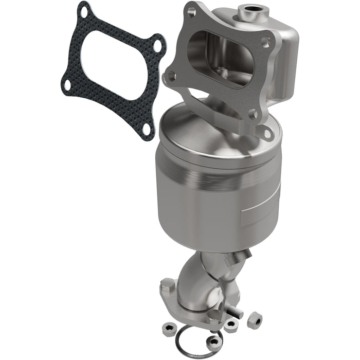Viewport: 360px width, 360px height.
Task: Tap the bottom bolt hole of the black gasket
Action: [x=147, y=129]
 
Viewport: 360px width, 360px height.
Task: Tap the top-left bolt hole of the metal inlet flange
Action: [x=191, y=11]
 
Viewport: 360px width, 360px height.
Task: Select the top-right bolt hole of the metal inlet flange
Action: [x=265, y=42]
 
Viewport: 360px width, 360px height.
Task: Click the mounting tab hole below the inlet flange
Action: [x=266, y=135]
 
